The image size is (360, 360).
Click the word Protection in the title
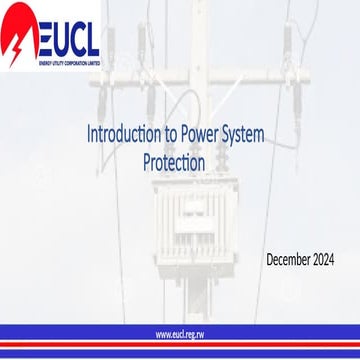click(x=176, y=161)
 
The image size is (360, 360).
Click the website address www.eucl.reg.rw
click(x=180, y=333)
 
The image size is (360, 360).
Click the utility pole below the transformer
click(x=184, y=290)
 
